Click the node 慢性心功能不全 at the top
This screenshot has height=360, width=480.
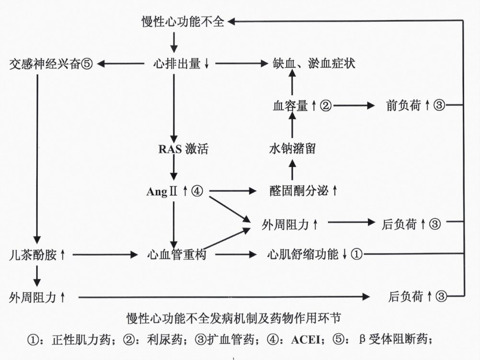click(183, 22)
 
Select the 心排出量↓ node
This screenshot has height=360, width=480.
click(181, 64)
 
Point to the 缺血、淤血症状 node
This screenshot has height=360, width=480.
click(314, 63)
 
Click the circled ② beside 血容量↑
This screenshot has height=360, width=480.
click(326, 106)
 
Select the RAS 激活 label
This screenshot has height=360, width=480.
click(183, 149)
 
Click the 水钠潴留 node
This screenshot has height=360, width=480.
click(292, 149)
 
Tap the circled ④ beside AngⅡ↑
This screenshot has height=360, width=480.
click(197, 191)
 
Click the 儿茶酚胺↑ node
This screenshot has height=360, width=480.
click(37, 255)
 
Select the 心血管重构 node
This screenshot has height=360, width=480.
click(177, 254)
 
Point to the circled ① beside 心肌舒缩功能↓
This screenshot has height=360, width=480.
click(356, 254)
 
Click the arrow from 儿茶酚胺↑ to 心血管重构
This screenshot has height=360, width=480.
click(105, 254)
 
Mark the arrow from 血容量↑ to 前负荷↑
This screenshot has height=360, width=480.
click(354, 106)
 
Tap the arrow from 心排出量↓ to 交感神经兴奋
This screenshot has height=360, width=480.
click(121, 64)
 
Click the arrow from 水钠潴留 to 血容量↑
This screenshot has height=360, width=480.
click(292, 125)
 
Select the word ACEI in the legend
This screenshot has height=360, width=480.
click(306, 340)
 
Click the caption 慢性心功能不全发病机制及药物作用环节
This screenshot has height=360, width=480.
click(234, 318)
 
